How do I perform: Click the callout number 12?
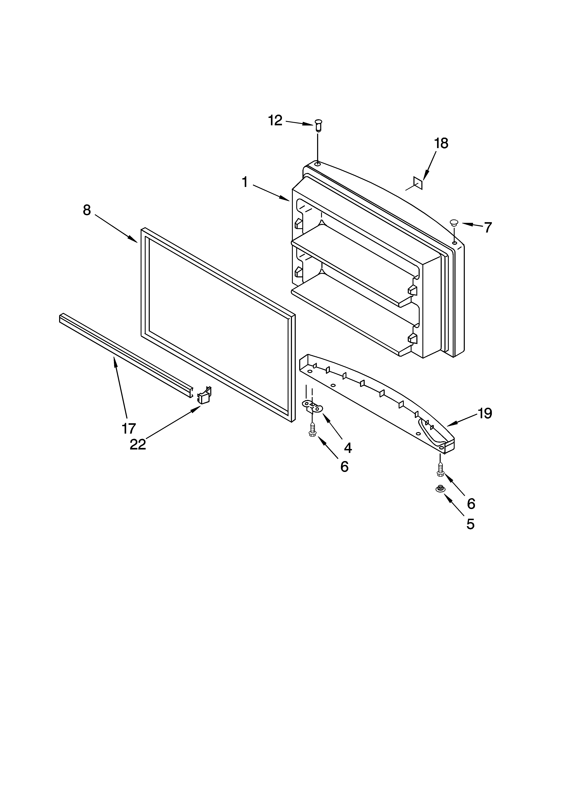click(x=275, y=121)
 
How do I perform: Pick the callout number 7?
click(x=488, y=228)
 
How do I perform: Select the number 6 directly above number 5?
click(x=471, y=504)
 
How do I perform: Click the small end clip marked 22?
click(x=204, y=395)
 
